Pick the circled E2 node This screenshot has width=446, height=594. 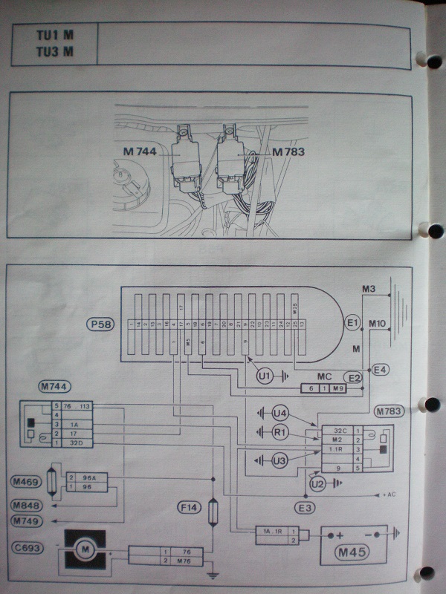click(x=356, y=378)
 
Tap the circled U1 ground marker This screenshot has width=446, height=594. click(x=264, y=376)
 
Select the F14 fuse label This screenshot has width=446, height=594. click(x=187, y=508)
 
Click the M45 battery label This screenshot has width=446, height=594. click(x=353, y=553)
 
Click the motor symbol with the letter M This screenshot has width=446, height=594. click(x=84, y=550)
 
